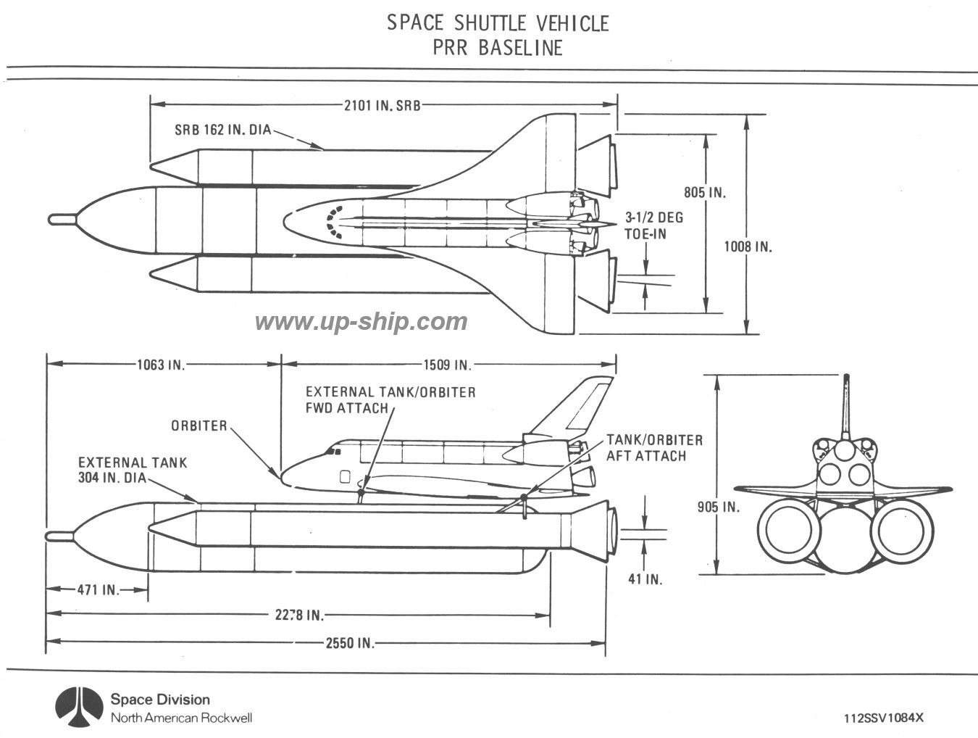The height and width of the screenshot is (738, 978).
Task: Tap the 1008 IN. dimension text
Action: [748, 246]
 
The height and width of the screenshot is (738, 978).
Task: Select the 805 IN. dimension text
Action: [705, 193]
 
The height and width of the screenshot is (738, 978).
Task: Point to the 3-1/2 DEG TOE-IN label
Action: [653, 225]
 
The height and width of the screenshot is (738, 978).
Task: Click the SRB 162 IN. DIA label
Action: [222, 130]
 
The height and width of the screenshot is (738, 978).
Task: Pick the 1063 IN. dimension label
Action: [161, 365]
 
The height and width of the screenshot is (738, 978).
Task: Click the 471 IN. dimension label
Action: [98, 589]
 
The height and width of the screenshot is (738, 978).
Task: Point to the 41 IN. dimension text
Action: [644, 579]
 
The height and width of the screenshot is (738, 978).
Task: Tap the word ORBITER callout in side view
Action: [199, 426]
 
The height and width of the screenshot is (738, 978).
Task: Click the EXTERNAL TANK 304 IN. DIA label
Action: [133, 470]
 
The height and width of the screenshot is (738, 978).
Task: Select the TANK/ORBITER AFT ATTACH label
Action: [654, 447]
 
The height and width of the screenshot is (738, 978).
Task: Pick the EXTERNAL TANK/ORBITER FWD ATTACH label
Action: [390, 399]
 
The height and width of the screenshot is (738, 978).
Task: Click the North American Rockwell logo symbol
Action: [77, 706]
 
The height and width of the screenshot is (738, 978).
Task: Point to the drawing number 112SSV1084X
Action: [884, 718]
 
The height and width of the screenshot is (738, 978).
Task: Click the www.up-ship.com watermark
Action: [361, 320]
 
